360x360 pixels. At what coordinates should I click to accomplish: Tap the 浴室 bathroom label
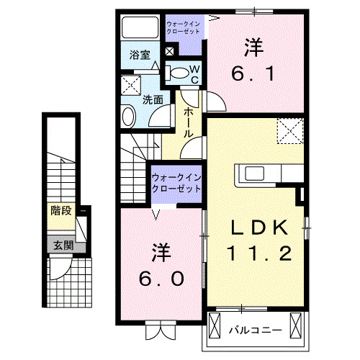(139, 55)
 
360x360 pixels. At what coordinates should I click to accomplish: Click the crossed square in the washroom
(130, 84)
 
